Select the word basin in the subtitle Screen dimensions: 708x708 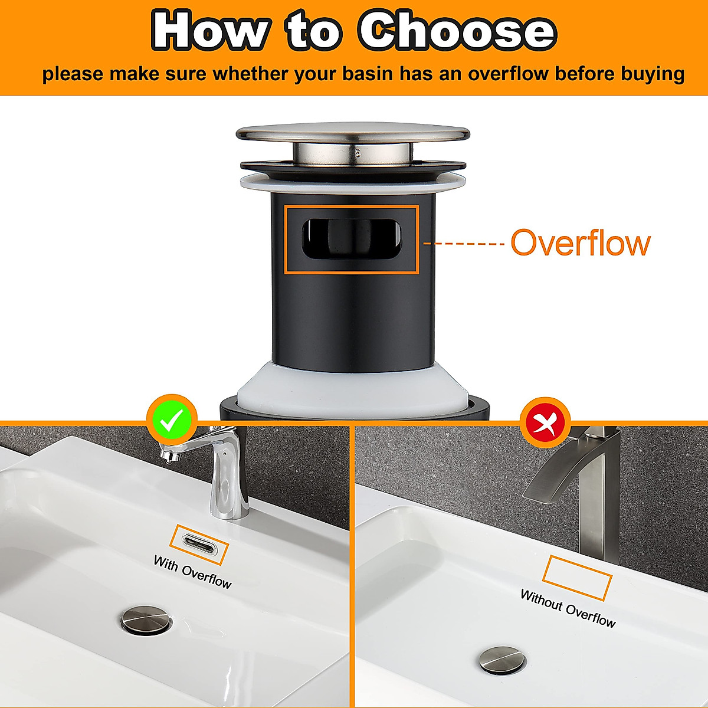(359, 74)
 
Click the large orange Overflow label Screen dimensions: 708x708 (580, 242)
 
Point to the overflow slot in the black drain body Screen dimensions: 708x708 (352, 239)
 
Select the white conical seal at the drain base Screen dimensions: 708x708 (353, 386)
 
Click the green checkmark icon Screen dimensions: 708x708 (172, 421)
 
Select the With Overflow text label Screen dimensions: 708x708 (192, 572)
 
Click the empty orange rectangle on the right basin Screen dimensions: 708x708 (577, 577)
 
